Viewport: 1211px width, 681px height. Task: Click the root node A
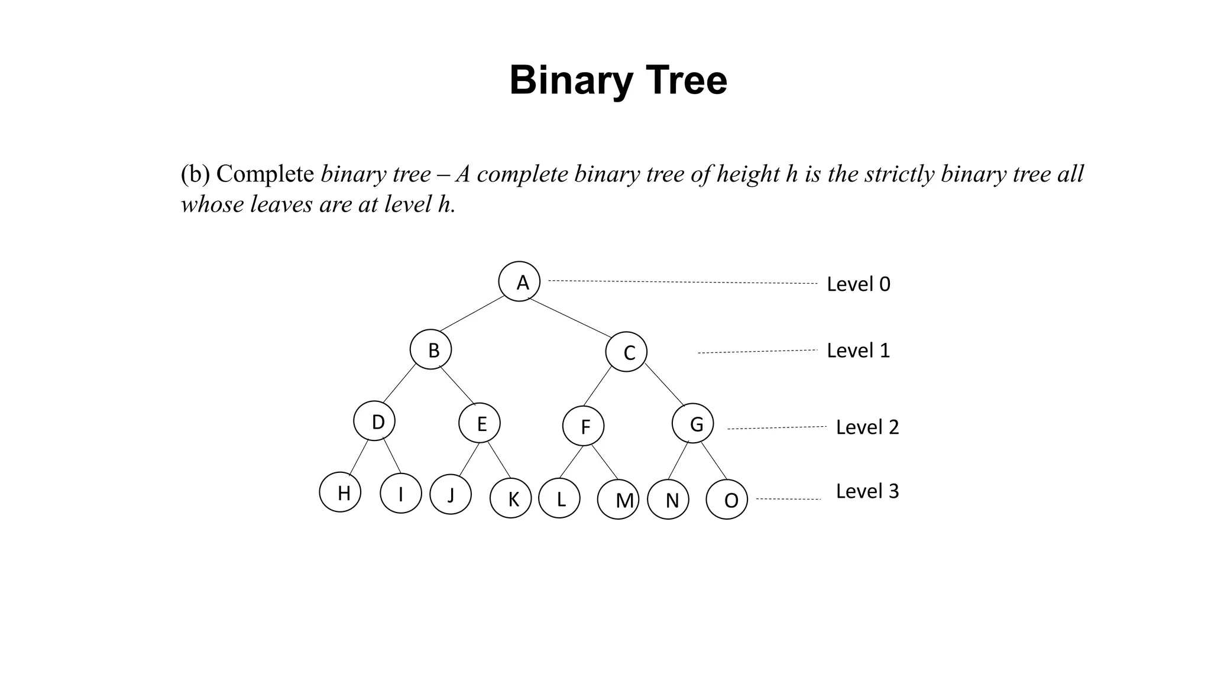click(519, 281)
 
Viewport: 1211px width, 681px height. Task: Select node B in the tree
click(430, 349)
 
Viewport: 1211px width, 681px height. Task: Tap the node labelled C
click(626, 352)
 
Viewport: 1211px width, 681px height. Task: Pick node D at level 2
click(374, 421)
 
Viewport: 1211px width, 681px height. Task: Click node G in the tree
click(693, 423)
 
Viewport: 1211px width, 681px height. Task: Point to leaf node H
click(340, 492)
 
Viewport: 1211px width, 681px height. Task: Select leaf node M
click(619, 500)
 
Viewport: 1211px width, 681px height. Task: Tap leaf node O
click(727, 500)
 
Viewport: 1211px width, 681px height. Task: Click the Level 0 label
click(858, 284)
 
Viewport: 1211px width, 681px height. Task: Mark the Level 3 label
click(867, 491)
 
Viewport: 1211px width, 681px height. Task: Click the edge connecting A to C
click(570, 317)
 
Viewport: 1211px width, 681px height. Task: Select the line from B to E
click(457, 385)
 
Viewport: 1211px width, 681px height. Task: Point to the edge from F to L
click(571, 462)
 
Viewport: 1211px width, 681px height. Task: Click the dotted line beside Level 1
click(757, 352)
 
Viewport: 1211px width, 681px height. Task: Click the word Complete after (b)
click(265, 174)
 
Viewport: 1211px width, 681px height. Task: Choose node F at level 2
click(584, 426)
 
